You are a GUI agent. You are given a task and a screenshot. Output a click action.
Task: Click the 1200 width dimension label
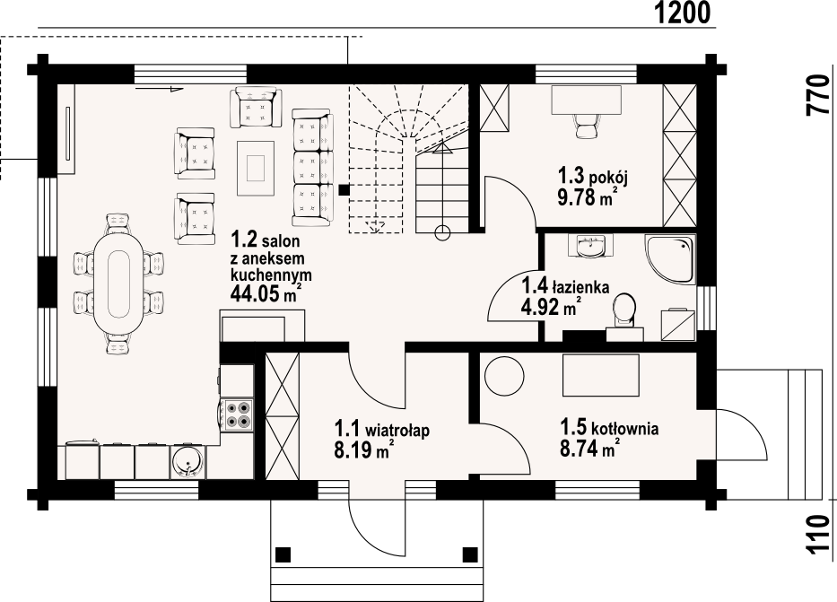pos(682,13)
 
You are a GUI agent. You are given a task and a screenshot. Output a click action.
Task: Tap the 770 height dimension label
pos(817,96)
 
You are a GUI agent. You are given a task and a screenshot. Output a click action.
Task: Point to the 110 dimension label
pos(817,536)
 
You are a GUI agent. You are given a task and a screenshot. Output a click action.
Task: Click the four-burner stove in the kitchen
pos(239,414)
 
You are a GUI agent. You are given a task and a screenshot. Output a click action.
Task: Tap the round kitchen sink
pos(187,461)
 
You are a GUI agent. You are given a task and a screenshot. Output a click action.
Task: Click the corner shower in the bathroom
pos(670,259)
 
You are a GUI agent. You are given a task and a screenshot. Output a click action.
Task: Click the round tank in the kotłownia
pos(504,376)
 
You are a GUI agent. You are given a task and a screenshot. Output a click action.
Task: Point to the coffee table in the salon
pos(256,168)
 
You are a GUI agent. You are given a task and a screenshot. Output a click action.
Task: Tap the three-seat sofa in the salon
pos(311,167)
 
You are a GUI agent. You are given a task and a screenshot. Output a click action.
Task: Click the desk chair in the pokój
pos(586,127)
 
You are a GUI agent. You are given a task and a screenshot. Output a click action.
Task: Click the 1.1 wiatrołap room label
pos(381,429)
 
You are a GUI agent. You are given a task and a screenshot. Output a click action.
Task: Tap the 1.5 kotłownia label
pos(609,427)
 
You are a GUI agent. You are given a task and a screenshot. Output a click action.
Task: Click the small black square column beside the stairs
pos(344,189)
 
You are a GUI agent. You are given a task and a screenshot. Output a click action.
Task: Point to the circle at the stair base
pos(442,232)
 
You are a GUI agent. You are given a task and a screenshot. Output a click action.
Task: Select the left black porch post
pos(283,554)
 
